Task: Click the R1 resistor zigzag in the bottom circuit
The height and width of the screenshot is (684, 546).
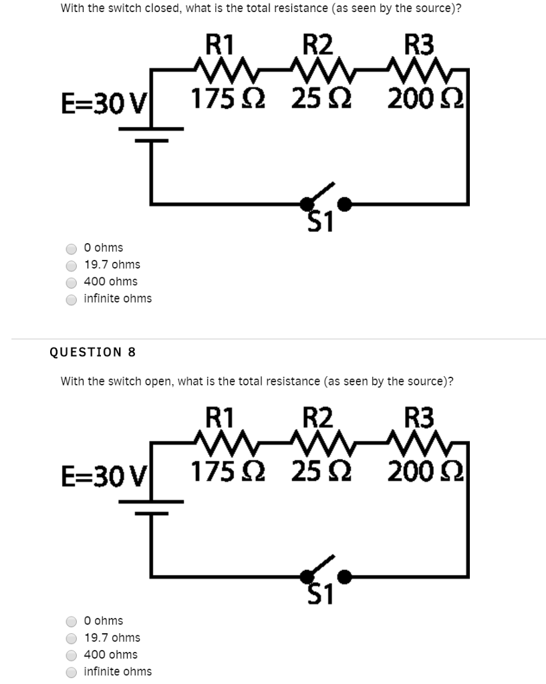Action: (x=220, y=440)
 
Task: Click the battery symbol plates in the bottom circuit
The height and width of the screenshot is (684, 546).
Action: (x=151, y=506)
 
